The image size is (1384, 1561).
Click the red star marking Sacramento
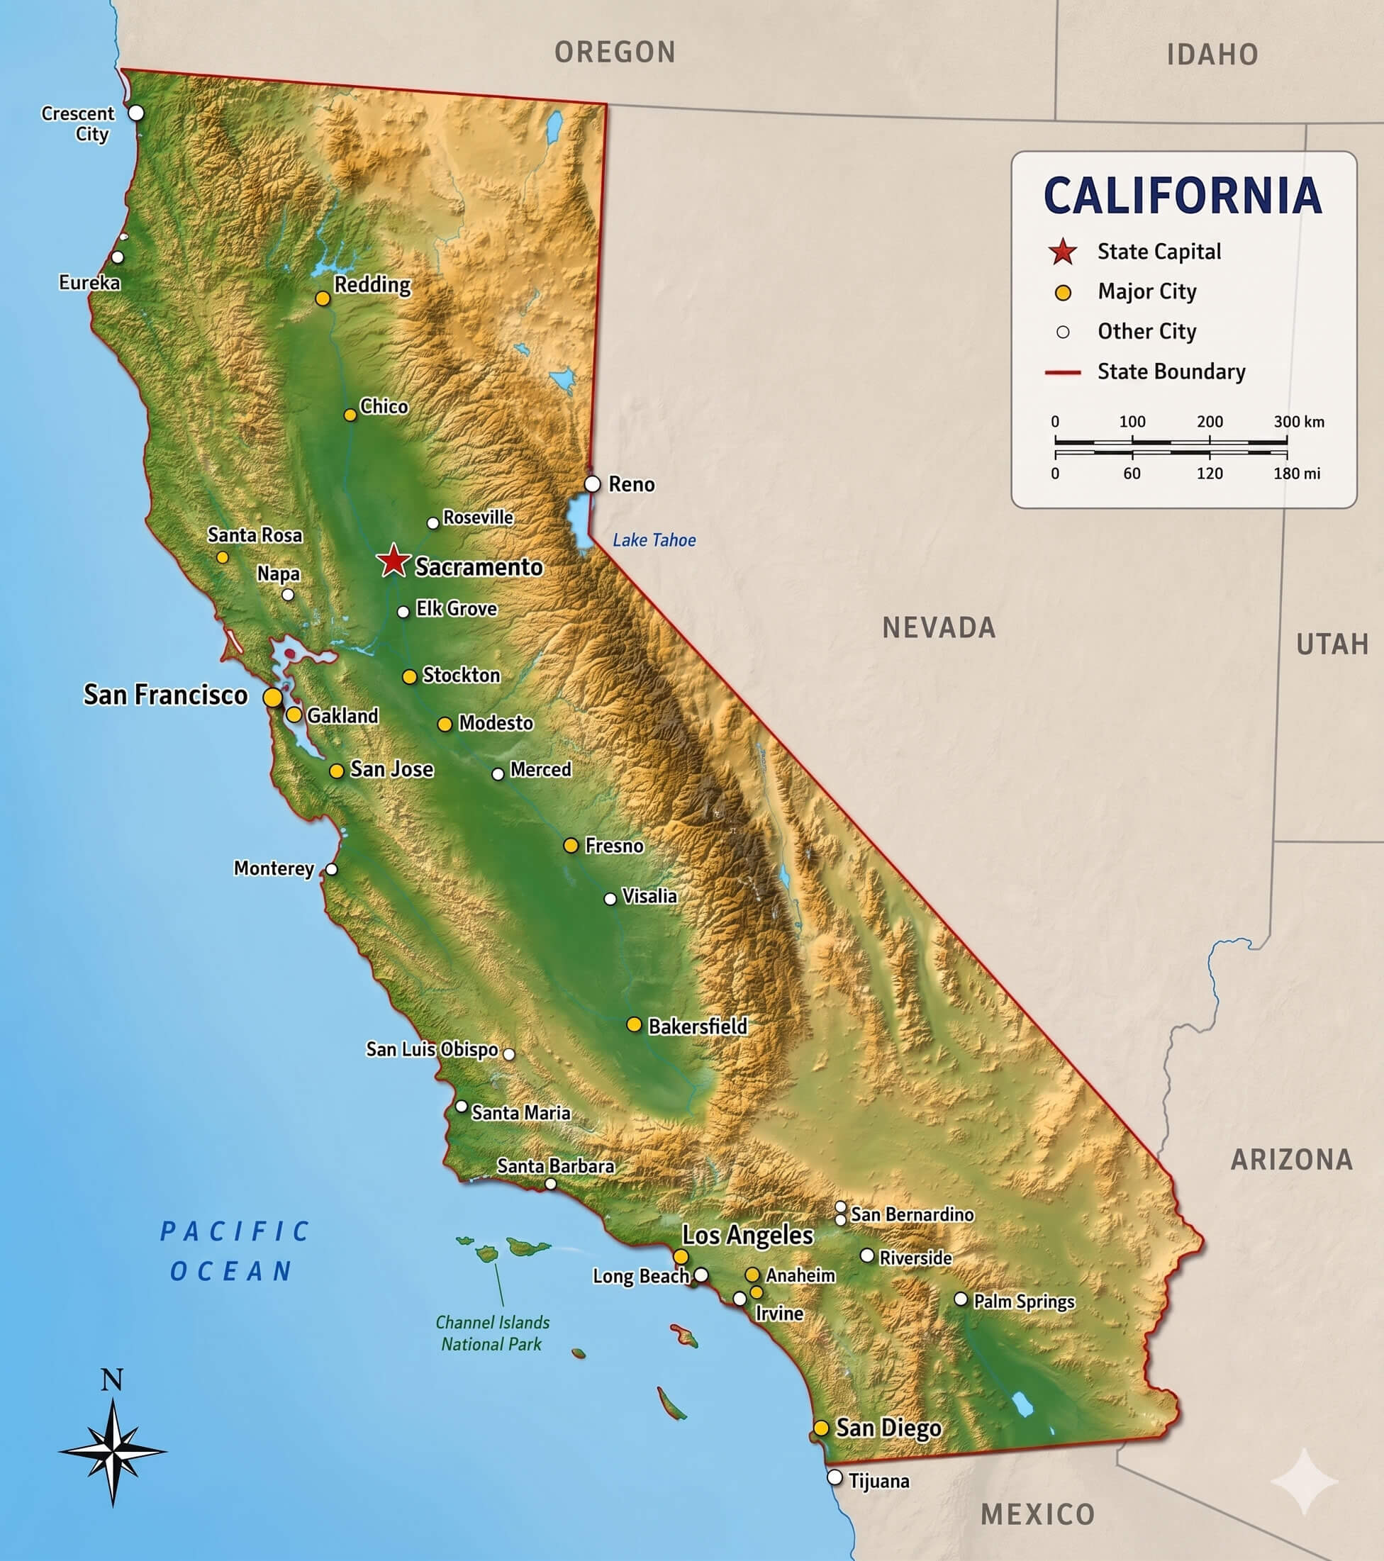point(394,561)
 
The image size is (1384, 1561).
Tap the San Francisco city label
point(165,695)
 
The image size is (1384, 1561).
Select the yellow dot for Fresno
point(571,846)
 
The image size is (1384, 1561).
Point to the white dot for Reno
point(593,483)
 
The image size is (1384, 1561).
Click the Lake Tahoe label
point(654,540)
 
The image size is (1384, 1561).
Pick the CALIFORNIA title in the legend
point(1183,196)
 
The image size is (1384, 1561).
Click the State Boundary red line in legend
point(1062,373)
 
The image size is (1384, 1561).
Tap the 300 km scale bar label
point(1298,422)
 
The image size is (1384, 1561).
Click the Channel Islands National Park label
point(492,1333)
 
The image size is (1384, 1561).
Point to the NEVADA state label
point(939,628)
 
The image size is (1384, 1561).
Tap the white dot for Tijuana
point(835,1478)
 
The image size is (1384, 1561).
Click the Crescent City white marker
point(136,113)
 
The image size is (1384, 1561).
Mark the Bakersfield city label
point(698,1026)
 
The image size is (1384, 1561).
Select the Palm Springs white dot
point(961,1299)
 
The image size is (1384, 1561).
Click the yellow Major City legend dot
point(1062,293)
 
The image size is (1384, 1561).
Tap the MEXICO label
point(1037,1514)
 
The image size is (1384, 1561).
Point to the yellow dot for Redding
point(323,298)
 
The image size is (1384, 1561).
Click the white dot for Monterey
point(332,869)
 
